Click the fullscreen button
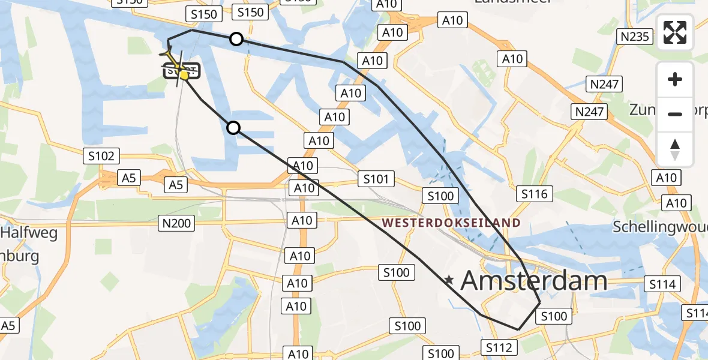pyautogui.click(x=675, y=32)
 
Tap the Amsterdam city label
pyautogui.click(x=534, y=281)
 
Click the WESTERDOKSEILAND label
pyautogui.click(x=451, y=223)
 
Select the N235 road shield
pyautogui.click(x=635, y=37)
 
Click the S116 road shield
pyautogui.click(x=535, y=194)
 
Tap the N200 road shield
pyautogui.click(x=176, y=224)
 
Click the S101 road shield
pyautogui.click(x=376, y=178)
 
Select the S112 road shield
pyautogui.click(x=499, y=347)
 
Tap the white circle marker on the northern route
pyautogui.click(x=236, y=39)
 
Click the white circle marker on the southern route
pyautogui.click(x=233, y=127)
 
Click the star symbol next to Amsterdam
pyautogui.click(x=449, y=280)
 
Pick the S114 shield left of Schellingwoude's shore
pyautogui.click(x=662, y=284)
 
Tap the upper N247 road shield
pyautogui.click(x=604, y=84)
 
